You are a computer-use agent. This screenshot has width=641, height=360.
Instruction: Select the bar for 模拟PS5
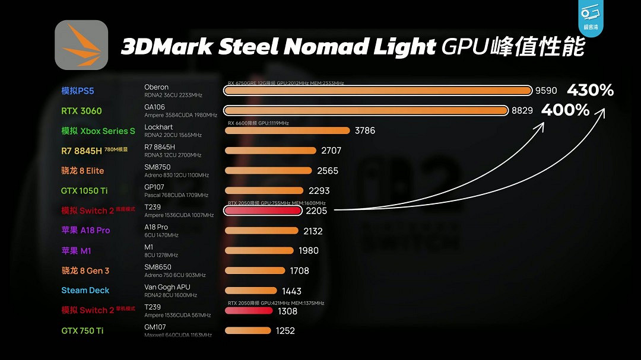(378, 91)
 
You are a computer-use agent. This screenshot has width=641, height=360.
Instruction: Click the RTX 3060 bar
(366, 111)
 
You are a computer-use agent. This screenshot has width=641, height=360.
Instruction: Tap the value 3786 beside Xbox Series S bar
(365, 130)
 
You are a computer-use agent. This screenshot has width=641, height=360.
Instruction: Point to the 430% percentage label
(590, 91)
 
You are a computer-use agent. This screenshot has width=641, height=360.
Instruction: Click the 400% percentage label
(565, 110)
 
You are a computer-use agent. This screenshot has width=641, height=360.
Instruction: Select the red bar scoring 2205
(263, 211)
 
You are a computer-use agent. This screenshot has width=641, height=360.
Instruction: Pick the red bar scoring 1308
(249, 310)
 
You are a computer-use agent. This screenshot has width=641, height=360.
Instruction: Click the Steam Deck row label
(85, 291)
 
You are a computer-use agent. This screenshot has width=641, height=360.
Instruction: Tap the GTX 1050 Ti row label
(84, 191)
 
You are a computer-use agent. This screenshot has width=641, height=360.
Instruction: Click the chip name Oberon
(157, 87)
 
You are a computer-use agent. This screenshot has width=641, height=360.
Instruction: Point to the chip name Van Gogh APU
(168, 287)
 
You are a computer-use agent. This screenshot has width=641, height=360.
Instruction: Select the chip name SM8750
(157, 167)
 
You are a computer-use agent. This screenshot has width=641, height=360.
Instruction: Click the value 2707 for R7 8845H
(331, 151)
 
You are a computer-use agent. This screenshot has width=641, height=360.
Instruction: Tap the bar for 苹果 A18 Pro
(261, 231)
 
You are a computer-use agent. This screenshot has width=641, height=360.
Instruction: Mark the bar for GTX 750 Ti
(248, 330)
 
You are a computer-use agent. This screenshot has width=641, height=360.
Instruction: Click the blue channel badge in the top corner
(591, 18)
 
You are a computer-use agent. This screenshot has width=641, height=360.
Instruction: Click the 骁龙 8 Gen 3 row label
(85, 270)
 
